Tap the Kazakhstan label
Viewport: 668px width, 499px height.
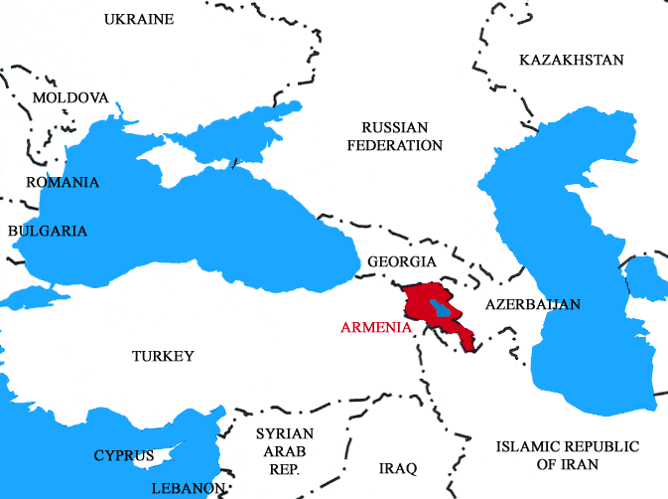(571, 61)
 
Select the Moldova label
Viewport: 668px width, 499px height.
(69, 98)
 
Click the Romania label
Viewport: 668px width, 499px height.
(62, 182)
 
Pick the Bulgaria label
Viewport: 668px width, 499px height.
(48, 231)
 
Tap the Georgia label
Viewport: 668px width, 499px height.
(401, 261)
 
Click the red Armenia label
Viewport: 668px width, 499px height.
(375, 327)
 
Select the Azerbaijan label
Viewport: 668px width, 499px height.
(533, 304)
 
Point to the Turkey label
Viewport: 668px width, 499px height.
(163, 356)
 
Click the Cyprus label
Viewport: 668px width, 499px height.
(124, 456)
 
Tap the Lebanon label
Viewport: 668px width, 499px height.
(188, 488)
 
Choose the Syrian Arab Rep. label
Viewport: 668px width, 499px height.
(284, 450)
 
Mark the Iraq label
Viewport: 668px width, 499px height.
(398, 467)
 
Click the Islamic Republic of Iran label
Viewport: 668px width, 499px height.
(567, 454)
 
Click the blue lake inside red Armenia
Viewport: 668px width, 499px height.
(443, 310)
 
